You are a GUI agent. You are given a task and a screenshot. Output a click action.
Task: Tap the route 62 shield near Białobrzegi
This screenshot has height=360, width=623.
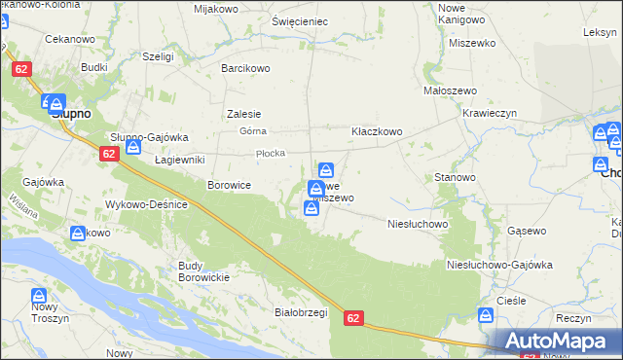(354, 318)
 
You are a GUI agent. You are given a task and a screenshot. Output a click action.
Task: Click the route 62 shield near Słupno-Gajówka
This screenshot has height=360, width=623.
(108, 154)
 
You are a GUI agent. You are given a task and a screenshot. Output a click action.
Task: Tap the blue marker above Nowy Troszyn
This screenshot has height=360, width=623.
(38, 295)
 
